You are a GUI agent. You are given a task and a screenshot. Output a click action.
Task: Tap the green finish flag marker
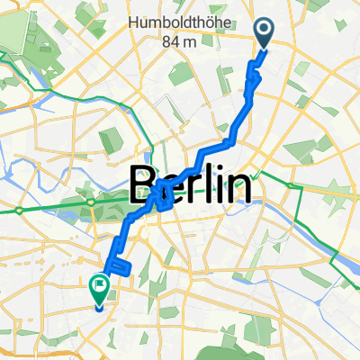coord(99,287)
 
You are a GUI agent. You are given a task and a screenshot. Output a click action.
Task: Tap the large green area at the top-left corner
coord(22,27)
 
